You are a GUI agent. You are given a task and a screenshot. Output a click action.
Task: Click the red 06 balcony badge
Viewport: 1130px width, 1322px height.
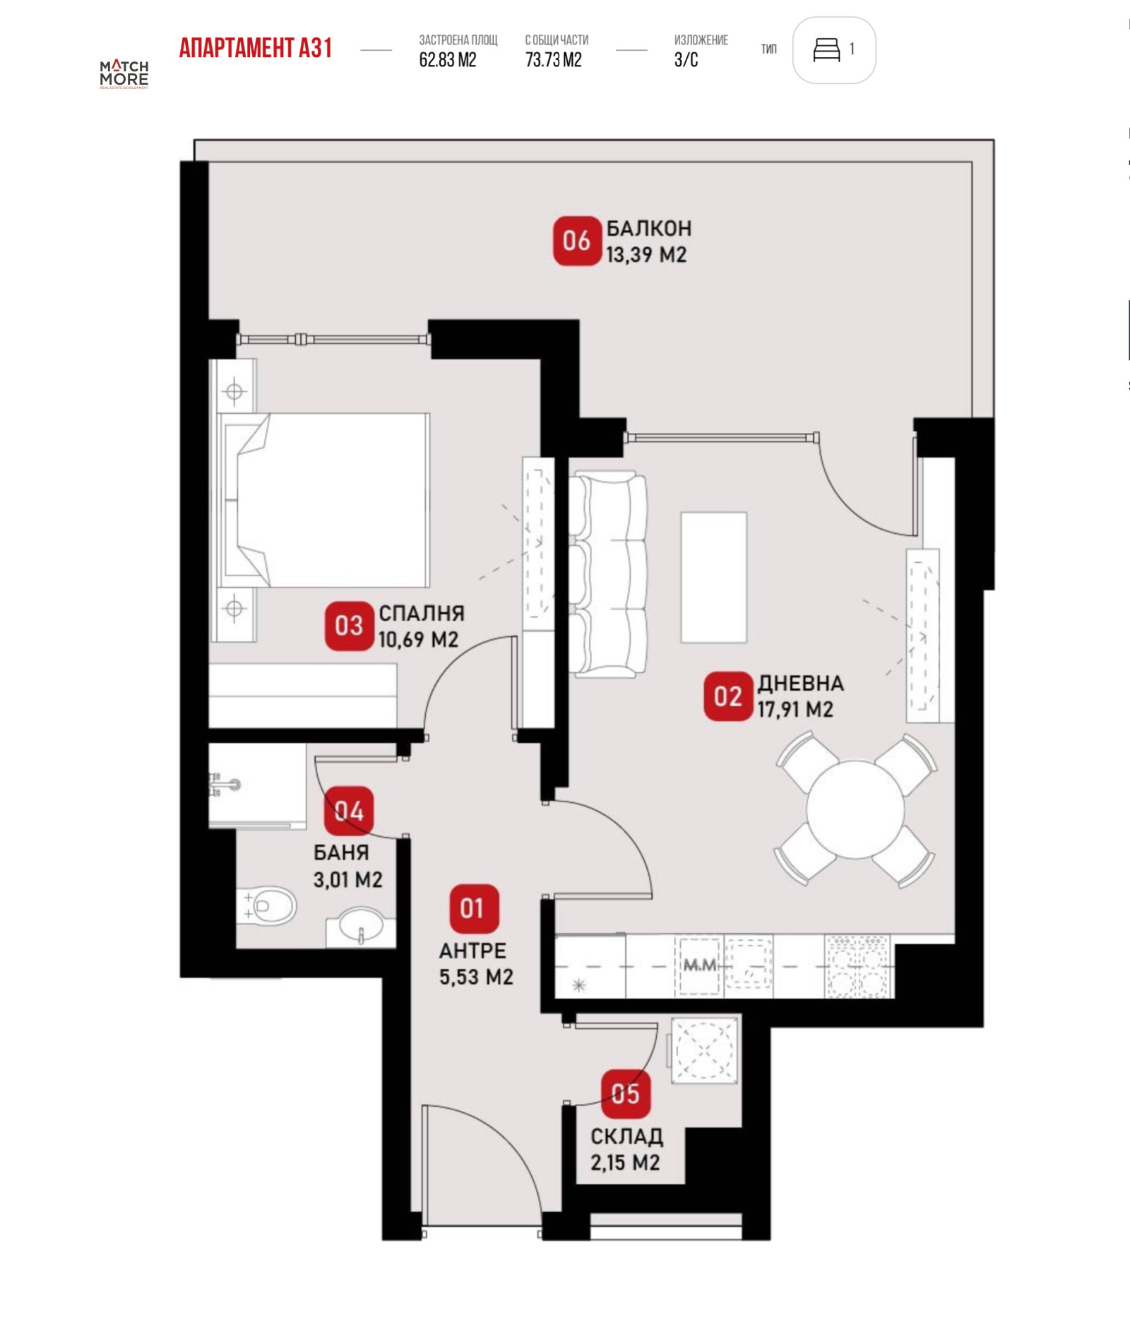click(x=576, y=241)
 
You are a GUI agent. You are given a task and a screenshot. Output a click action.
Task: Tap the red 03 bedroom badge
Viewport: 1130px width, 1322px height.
click(x=349, y=626)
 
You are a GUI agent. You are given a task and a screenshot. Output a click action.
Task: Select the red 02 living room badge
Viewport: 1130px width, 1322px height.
click(x=728, y=696)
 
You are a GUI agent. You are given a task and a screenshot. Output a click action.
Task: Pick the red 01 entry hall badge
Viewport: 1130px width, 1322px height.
click(x=474, y=908)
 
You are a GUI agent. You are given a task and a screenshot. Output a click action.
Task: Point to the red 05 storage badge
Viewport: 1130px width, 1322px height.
click(x=626, y=1094)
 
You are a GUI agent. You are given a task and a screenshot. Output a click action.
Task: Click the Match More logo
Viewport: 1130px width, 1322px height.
click(x=124, y=73)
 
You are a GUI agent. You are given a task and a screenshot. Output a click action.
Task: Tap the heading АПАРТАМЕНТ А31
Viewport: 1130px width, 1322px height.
click(x=256, y=48)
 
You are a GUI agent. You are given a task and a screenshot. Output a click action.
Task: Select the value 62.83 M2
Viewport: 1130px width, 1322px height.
click(x=448, y=60)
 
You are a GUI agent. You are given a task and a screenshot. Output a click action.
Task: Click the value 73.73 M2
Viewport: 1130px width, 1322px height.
click(x=554, y=60)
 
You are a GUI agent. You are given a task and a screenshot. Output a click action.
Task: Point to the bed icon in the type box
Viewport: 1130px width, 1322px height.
click(x=826, y=50)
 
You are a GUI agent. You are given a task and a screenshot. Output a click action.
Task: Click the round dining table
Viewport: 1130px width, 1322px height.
click(x=855, y=809)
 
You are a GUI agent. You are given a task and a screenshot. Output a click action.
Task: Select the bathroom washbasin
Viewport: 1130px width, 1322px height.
click(x=362, y=925)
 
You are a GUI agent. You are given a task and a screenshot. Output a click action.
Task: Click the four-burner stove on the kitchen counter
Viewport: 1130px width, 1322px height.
click(x=857, y=966)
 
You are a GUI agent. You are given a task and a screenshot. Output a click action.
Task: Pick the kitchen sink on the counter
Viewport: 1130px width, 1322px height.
click(x=749, y=965)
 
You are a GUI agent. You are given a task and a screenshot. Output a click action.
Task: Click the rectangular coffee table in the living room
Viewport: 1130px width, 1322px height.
click(x=713, y=578)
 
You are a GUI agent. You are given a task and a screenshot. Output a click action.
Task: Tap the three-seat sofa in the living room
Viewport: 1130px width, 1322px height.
click(x=607, y=576)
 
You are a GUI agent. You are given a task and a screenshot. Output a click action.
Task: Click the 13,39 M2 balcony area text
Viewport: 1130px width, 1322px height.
click(x=646, y=255)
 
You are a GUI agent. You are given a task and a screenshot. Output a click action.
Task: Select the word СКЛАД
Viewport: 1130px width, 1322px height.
click(x=626, y=1136)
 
